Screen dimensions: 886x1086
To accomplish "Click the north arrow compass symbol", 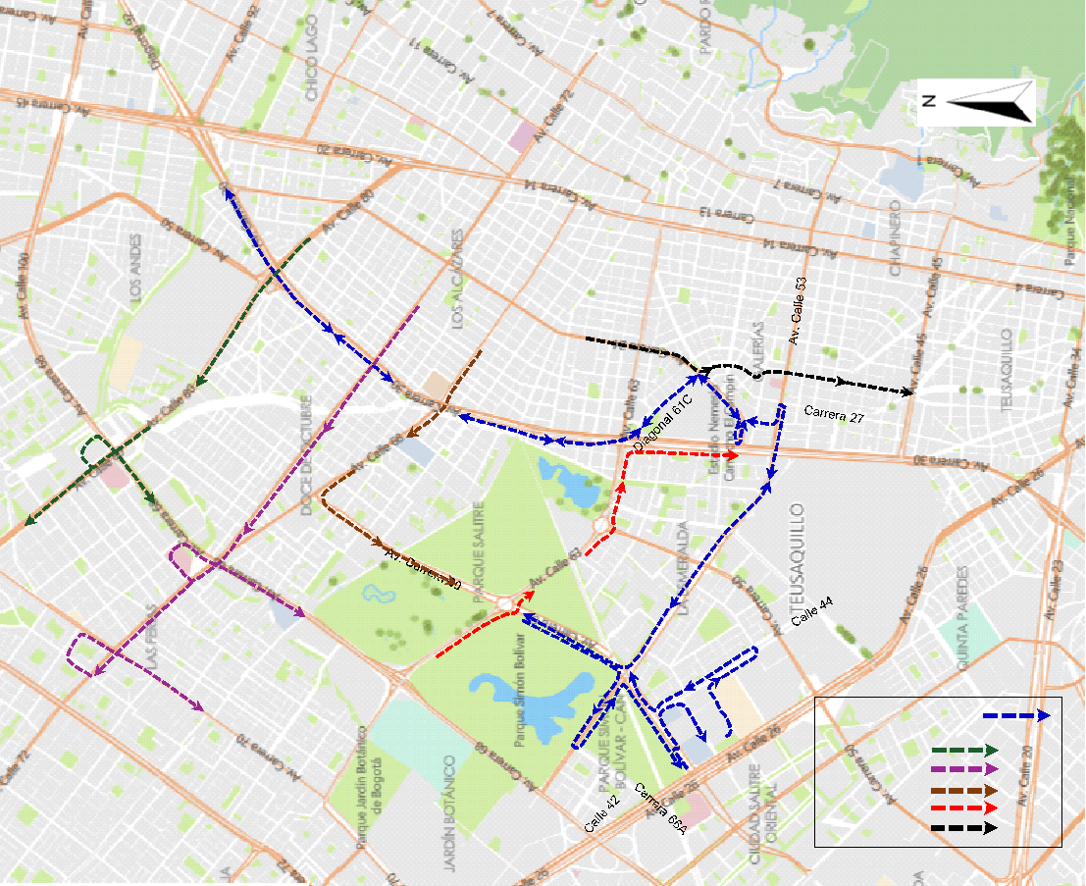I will click(977, 102).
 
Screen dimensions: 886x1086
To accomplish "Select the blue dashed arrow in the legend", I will click(1015, 716).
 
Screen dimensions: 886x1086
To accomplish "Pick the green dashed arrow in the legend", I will click(964, 752).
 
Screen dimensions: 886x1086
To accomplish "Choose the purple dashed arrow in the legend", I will click(964, 769).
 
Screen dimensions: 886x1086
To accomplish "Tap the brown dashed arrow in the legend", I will click(964, 789).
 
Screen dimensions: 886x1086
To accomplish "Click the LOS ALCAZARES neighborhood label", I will click(456, 279).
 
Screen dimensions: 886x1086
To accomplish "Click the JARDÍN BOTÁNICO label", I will click(451, 813).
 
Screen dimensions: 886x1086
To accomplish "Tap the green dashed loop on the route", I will click(96, 450).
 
